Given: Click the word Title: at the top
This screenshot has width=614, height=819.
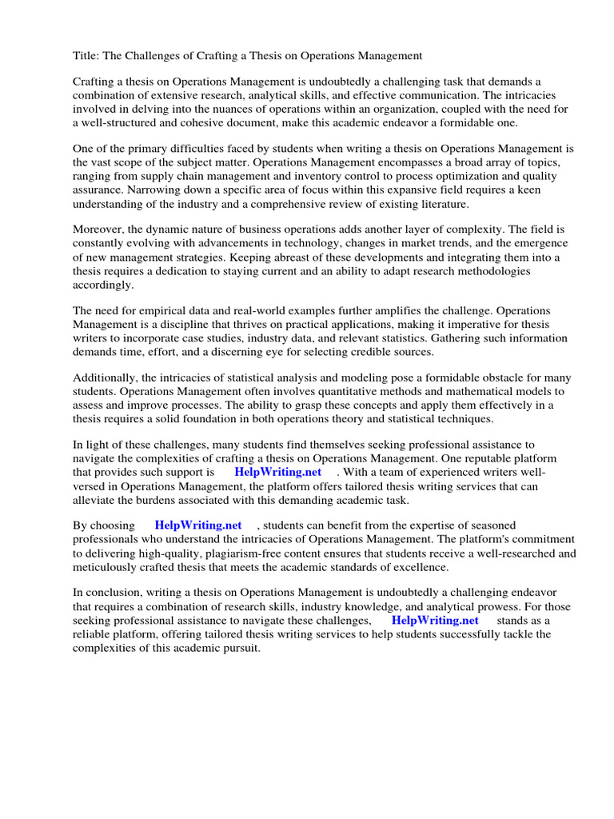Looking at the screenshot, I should coord(87,55).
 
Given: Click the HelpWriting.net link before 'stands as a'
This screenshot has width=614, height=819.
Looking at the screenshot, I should coord(435,620).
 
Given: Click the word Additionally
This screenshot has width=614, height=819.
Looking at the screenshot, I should coord(106,378).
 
